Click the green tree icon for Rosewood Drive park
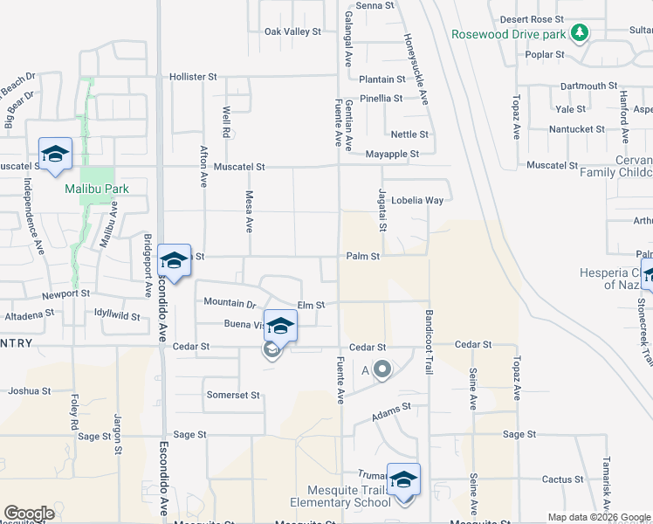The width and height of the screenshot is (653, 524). click(578, 33)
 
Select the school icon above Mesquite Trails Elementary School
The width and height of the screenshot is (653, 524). click(403, 479)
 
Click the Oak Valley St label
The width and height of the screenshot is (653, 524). click(293, 31)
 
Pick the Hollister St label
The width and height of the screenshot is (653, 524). click(193, 77)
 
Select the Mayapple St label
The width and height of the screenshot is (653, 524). click(392, 154)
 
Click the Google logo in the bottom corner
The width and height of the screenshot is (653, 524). click(29, 514)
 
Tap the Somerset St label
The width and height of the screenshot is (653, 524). click(233, 395)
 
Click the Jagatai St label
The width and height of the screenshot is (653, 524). click(381, 210)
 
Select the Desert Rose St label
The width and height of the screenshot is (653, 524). click(532, 19)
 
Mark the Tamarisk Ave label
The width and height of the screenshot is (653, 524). click(606, 481)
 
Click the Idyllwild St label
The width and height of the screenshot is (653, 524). click(117, 313)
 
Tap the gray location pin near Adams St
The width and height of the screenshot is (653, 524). click(381, 370)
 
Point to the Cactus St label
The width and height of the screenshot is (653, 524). click(562, 479)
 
